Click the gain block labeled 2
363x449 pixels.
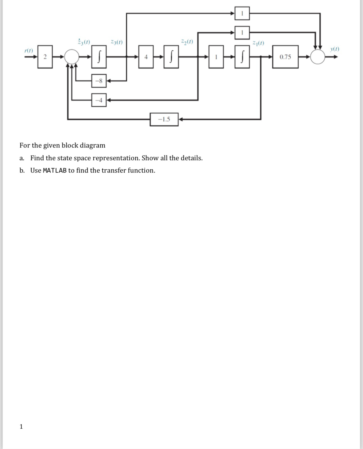45,57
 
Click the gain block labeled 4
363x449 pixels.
146,57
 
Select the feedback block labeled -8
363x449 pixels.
99,81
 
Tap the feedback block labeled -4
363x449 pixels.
99,100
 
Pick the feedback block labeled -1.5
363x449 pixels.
164,119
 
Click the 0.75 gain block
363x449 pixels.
285,57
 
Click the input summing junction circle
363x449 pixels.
72,57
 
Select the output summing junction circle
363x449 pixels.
318,57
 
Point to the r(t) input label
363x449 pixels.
28,51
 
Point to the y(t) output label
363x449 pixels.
335,49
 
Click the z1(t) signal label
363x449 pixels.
258,43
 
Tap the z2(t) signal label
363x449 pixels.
187,42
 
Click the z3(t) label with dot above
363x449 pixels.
84,42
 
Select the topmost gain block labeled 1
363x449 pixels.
242,13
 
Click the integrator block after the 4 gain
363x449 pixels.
171,57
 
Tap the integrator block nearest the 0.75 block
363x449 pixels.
242,57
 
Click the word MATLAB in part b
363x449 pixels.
55,170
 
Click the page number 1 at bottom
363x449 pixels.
21,426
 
